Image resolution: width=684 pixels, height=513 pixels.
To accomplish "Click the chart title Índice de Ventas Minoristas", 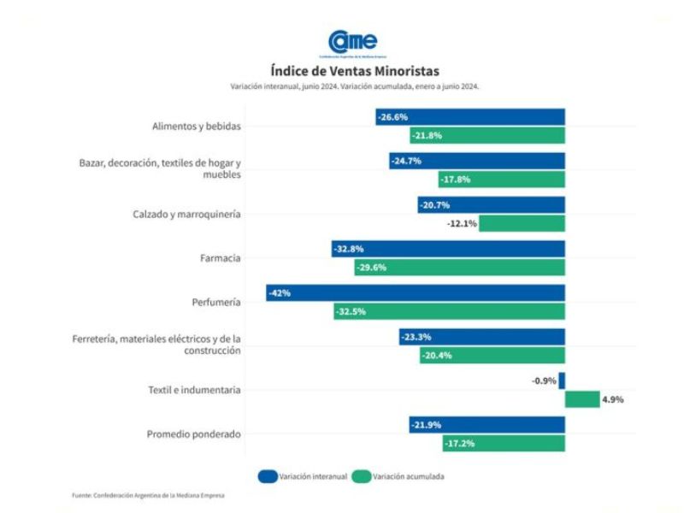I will tap(354, 71).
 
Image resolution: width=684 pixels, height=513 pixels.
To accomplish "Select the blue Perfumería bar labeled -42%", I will tap(416, 293).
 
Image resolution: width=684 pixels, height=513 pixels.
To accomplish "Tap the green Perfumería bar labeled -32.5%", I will tap(450, 311).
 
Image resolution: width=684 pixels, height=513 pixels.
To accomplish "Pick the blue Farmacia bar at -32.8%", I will tap(449, 249).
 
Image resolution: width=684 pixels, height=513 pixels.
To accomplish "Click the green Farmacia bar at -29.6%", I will tap(460, 267).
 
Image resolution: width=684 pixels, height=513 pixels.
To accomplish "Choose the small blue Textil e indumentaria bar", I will tap(562, 381).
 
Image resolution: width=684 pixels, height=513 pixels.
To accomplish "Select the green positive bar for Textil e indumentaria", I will tap(582, 399).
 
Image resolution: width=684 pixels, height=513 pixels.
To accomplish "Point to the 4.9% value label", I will tap(613, 399).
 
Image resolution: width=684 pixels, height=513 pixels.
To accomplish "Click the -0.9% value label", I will tap(544, 381).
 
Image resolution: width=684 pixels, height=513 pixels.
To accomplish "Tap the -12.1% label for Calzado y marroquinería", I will tap(463, 223).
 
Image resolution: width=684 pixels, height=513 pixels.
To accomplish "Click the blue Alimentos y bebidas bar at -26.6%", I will tap(470, 117).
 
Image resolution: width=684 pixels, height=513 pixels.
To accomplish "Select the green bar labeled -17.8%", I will tap(502, 180).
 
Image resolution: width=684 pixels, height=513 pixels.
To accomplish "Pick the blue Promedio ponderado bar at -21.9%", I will tap(486, 425).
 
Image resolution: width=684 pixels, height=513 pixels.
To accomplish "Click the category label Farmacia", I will tap(221, 258).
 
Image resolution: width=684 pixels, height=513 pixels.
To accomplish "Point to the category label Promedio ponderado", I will tap(194, 434).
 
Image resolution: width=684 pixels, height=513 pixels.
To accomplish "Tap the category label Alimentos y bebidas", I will tap(197, 126).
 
